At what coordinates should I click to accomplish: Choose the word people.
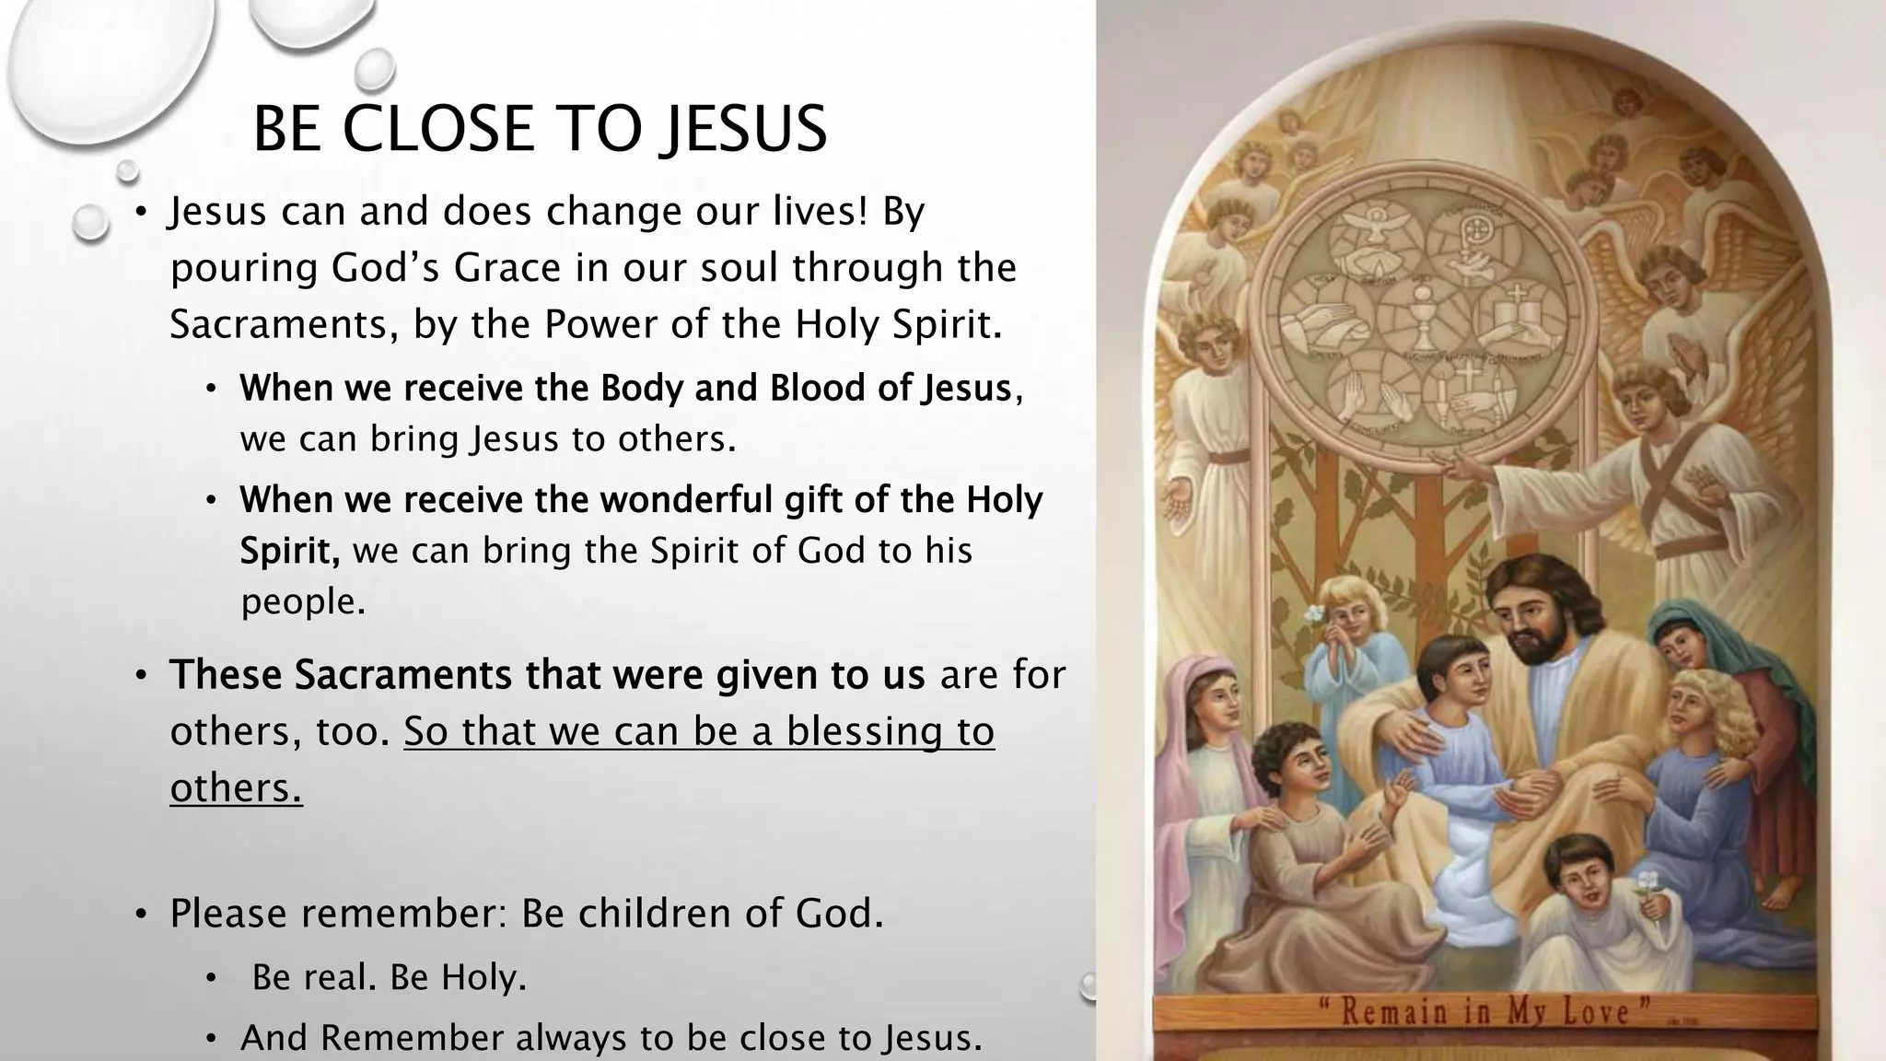[x=303, y=601]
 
